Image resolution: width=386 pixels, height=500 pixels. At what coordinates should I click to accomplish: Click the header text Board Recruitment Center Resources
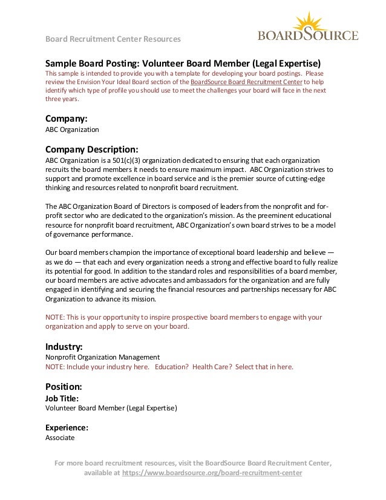coord(113,39)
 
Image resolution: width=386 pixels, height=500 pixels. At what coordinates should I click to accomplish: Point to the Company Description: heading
coord(93,149)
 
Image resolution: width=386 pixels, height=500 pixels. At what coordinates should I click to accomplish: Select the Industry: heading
coord(64,347)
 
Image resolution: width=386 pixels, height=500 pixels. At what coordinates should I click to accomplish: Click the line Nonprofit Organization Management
coord(103,358)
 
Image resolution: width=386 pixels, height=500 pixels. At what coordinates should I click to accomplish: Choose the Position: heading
coord(64,386)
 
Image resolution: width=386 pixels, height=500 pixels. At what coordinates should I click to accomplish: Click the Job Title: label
coord(62,398)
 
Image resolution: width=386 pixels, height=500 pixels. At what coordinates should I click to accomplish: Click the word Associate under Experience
coord(61,437)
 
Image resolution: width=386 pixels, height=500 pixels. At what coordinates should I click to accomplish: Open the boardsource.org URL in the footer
coord(212,473)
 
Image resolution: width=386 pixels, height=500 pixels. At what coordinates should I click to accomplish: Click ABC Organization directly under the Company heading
coord(73,130)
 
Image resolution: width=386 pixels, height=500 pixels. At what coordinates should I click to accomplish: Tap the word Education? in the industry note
coord(171,367)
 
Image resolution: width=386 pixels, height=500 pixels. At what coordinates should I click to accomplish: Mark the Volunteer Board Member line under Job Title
coord(111,409)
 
